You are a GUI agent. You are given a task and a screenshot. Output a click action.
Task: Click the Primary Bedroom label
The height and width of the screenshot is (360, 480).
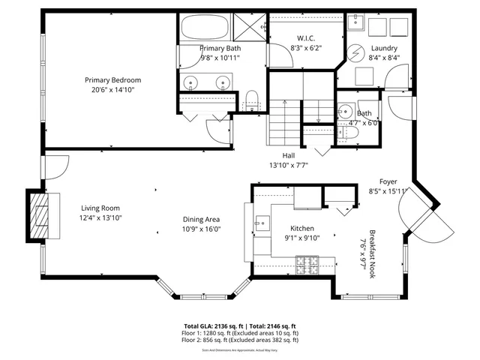(112, 80)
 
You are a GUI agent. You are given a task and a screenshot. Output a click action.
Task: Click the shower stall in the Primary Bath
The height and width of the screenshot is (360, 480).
(249, 26)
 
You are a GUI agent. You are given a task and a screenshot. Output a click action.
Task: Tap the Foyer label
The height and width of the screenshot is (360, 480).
(388, 181)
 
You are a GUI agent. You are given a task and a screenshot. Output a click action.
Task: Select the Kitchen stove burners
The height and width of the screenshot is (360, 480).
(308, 264)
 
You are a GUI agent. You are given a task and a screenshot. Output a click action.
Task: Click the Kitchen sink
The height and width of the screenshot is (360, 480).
(262, 223)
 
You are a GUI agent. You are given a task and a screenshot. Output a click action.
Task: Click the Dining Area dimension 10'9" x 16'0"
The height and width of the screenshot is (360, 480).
(202, 229)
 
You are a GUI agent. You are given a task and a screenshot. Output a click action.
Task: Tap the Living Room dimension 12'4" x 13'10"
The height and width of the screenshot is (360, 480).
(100, 217)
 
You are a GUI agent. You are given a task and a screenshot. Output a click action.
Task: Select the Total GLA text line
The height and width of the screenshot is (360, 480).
(240, 326)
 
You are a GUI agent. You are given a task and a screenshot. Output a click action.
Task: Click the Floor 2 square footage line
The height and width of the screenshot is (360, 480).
(240, 340)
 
